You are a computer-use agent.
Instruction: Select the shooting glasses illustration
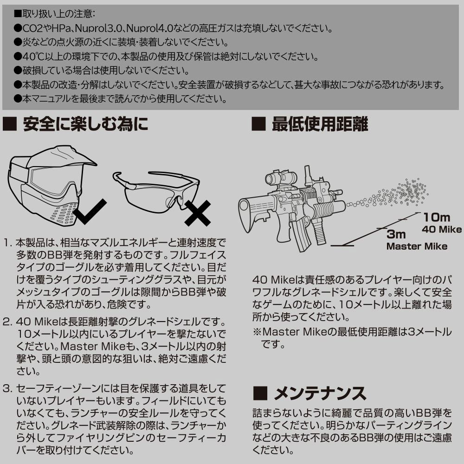tap(155, 190)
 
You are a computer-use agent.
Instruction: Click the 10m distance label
tap(436, 217)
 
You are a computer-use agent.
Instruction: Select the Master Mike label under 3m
tap(417, 246)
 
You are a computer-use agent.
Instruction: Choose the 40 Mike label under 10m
tap(441, 229)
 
